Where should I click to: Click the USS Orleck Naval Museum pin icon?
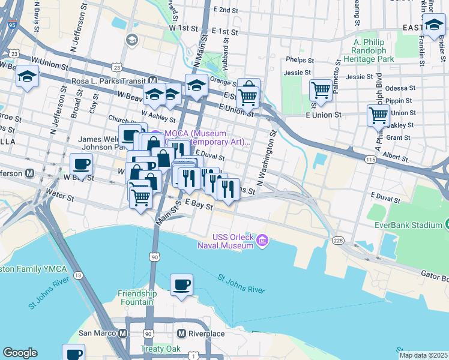[x=262, y=241]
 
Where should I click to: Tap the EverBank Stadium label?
[x=414, y=225]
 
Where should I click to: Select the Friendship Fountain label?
[x=137, y=298]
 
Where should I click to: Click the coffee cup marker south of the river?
[x=181, y=286]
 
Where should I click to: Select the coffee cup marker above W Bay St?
[x=82, y=164]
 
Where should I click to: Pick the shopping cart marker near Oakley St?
[x=378, y=115]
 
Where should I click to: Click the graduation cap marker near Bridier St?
[x=434, y=25]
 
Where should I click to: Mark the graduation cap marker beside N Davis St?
[x=27, y=77]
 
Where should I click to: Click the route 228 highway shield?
[x=338, y=240]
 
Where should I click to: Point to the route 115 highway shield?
[x=370, y=159]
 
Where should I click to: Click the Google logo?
[x=20, y=352]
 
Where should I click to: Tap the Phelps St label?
[x=300, y=60]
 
